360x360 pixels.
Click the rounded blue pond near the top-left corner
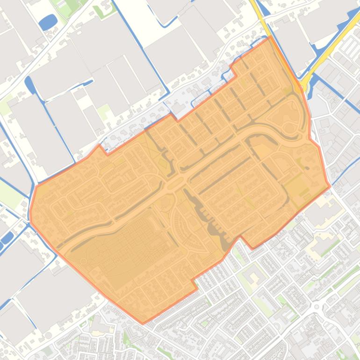click(48, 22)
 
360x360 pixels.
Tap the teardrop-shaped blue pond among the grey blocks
click(29, 85)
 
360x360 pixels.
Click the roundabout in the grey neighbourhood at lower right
click(317, 306)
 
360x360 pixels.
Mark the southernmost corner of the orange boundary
click(143, 323)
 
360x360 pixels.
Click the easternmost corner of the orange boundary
click(330, 186)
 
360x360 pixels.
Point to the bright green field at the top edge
click(72, 6)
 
